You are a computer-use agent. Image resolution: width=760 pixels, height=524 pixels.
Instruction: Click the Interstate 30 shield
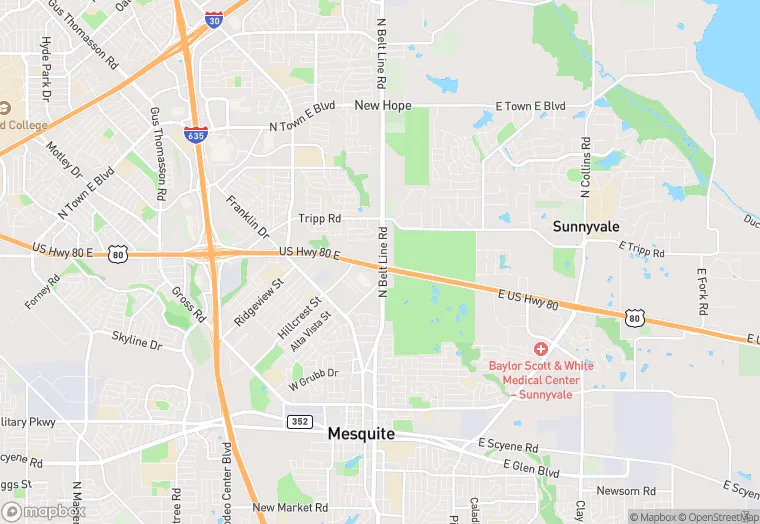[x=213, y=19]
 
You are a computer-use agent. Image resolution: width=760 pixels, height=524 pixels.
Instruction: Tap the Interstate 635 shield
[x=196, y=133]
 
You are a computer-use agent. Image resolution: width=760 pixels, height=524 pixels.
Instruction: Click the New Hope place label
[x=382, y=105]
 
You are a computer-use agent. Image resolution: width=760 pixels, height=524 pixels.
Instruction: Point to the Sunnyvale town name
[x=586, y=227]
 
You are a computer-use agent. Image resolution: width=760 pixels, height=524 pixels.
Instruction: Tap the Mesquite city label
[x=361, y=435]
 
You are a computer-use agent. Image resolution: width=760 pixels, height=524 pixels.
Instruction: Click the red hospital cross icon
[x=540, y=348]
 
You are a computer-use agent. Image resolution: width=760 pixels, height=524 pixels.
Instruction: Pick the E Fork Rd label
[x=703, y=291]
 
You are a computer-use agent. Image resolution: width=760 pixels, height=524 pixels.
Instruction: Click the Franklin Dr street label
[x=247, y=215]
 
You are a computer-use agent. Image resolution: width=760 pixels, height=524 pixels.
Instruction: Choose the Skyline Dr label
[x=136, y=343]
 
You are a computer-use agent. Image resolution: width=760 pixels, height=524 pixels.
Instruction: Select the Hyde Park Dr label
[x=45, y=69]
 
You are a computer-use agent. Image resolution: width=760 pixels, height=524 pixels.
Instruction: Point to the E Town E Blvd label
[x=530, y=106]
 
